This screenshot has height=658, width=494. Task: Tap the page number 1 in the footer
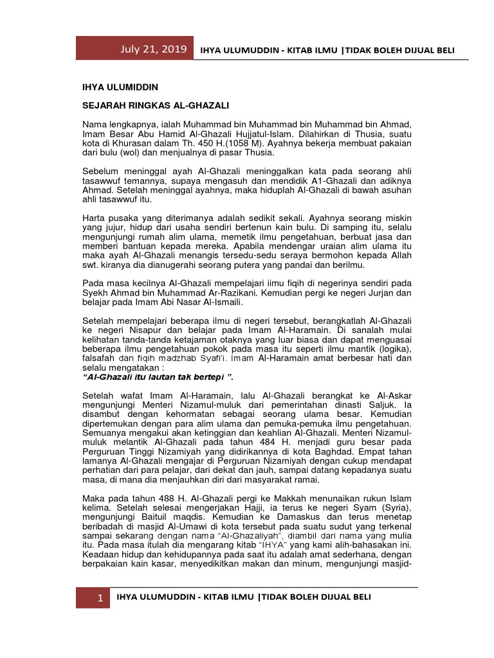(x=100, y=598)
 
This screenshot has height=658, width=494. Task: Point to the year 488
(x=157, y=498)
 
